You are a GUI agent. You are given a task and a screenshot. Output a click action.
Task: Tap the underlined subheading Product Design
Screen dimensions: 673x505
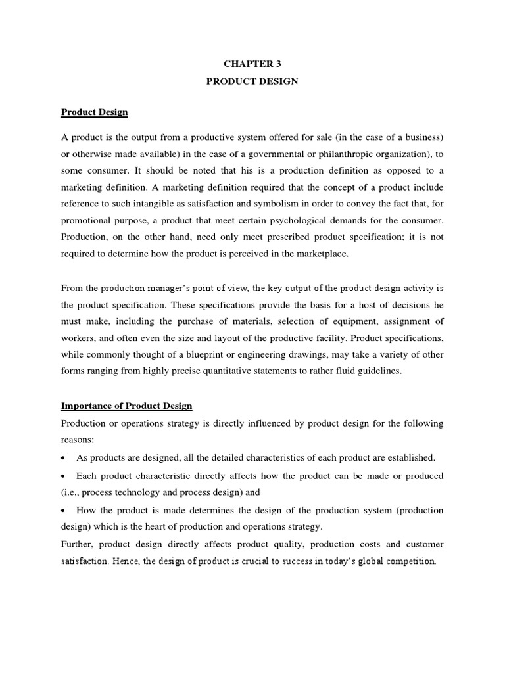pyautogui.click(x=94, y=112)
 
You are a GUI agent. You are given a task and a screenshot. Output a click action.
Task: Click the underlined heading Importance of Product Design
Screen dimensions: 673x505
pyautogui.click(x=126, y=406)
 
